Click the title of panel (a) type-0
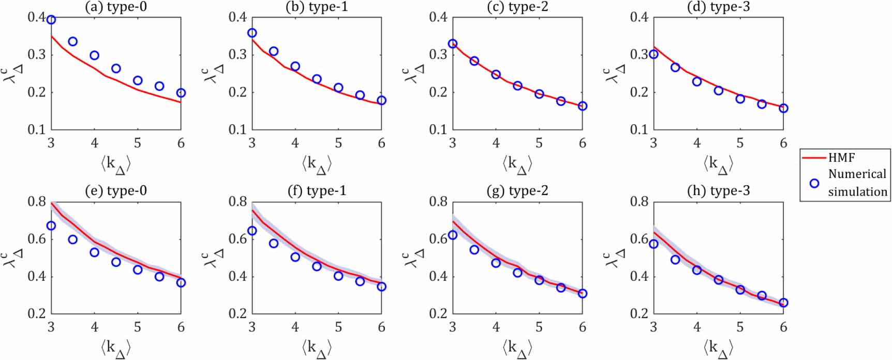coord(116,7)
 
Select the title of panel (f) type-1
coord(317,191)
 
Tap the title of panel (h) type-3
coord(718,191)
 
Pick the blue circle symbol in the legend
coord(814,183)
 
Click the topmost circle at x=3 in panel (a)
coord(51,20)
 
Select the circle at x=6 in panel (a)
coord(181,93)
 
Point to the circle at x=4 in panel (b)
coord(295,66)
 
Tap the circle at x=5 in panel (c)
coord(539,94)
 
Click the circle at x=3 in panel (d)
coord(653,54)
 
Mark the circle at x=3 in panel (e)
coord(51,226)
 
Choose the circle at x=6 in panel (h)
coord(783,303)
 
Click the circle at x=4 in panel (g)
coord(496,263)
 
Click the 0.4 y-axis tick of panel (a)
coord(36,18)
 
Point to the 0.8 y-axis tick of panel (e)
coord(36,202)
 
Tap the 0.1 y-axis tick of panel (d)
coord(638,130)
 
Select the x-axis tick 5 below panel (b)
coord(338,143)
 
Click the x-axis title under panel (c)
coord(517,164)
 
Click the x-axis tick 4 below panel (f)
coord(295,327)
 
